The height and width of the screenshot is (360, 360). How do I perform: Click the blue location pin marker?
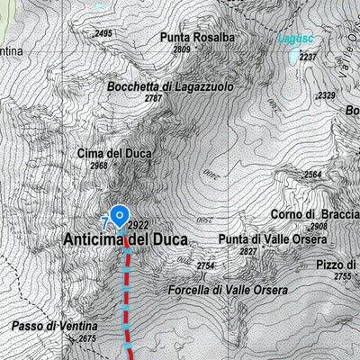[x=119, y=216]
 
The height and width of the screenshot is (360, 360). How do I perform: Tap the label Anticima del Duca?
[x=125, y=240]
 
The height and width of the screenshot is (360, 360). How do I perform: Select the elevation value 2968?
[x=99, y=166]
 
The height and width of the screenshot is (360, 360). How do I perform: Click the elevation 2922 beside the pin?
[x=138, y=225]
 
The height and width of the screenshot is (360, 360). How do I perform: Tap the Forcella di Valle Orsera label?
[x=228, y=290]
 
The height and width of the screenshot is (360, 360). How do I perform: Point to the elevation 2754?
[x=206, y=266]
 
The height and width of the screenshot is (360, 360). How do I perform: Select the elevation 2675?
[x=86, y=338]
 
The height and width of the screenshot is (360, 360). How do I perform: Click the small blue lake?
[x=295, y=58]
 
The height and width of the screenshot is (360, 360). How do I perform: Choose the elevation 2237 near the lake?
[x=309, y=57]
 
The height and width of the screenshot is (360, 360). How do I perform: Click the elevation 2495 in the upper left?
[x=103, y=34]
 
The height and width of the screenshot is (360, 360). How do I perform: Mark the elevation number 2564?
[x=312, y=175]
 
